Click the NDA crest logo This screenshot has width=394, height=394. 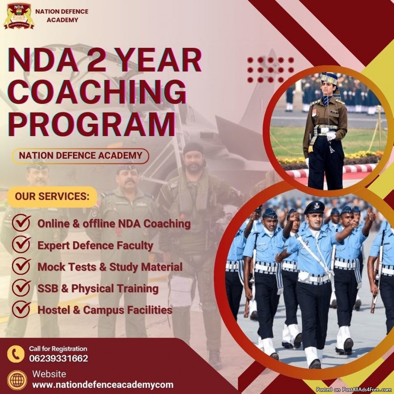[x=19, y=16]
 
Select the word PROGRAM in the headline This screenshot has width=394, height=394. [x=92, y=124]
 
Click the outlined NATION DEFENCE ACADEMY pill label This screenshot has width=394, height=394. [x=81, y=156]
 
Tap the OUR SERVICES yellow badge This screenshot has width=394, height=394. [x=52, y=197]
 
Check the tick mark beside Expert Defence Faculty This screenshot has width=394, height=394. [x=21, y=244]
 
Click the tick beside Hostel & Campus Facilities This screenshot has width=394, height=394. [x=21, y=309]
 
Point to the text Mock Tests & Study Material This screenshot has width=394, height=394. [x=110, y=267]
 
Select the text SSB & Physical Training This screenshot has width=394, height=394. [x=98, y=288]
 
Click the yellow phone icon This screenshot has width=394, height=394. [x=16, y=354]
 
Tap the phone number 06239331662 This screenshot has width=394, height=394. [x=59, y=359]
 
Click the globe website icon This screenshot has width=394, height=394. [x=17, y=380]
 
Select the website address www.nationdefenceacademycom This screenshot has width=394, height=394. [x=103, y=385]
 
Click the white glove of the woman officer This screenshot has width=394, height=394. [x=331, y=136]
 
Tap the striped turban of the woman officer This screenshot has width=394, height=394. [x=330, y=78]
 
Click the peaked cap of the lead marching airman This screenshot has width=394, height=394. [x=314, y=207]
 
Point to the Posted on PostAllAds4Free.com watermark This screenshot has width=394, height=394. [x=354, y=390]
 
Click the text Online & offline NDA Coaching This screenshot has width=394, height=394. [x=114, y=224]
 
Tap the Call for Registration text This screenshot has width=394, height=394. [x=58, y=349]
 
